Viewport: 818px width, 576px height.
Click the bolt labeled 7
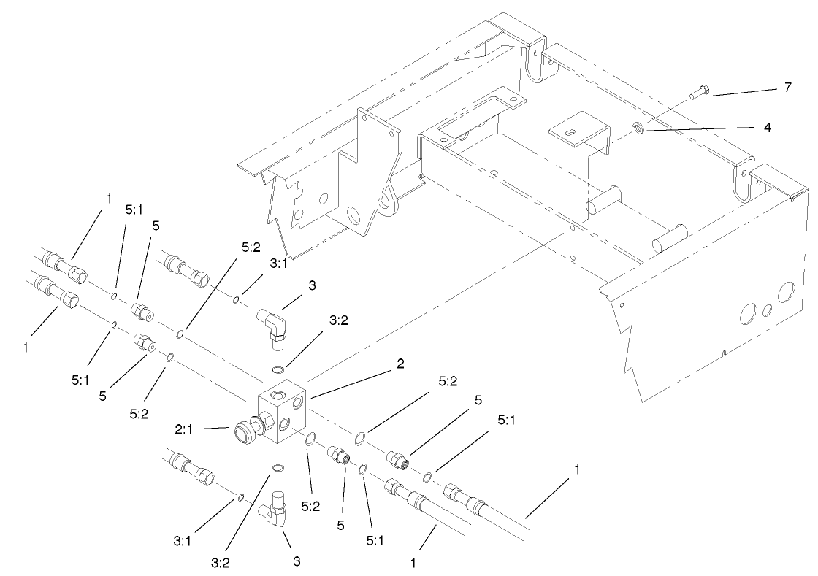697,93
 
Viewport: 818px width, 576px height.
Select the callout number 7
787,88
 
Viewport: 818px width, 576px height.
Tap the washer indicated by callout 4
638,129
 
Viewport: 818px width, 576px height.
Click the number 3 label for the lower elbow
297,561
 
